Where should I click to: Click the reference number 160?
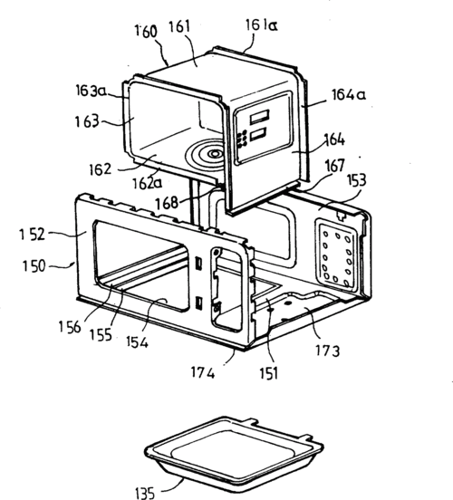(146, 31)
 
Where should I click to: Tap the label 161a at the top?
(261, 24)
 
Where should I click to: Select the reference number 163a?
(92, 91)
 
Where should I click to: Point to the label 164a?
(349, 95)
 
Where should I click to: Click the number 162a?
(147, 183)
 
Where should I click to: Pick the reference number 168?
(167, 203)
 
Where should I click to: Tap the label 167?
(335, 166)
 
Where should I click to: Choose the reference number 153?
(356, 180)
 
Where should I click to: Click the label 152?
(32, 235)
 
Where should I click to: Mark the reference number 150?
(34, 266)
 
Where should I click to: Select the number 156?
(70, 327)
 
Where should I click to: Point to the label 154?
(137, 341)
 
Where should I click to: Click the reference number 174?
(203, 372)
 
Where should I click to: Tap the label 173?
(328, 351)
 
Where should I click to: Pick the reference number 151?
(269, 373)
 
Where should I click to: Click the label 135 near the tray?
(145, 493)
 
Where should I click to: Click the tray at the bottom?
(234, 453)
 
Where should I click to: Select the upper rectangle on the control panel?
(259, 117)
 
